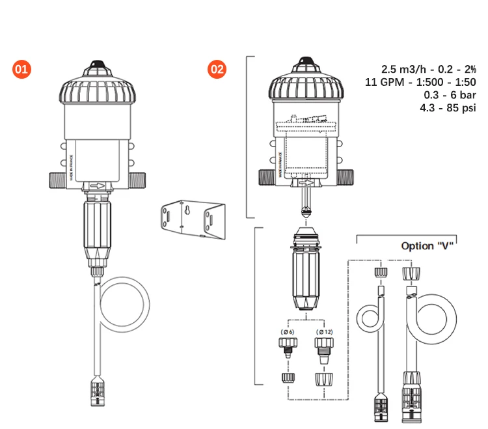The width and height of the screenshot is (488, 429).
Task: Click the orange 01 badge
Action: point(21,69)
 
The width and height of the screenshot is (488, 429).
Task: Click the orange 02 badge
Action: point(217,69)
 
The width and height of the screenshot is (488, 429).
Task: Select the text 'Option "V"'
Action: point(426,245)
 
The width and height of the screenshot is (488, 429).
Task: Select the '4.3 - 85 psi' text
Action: point(449,108)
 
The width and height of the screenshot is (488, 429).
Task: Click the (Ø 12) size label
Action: point(325,332)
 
